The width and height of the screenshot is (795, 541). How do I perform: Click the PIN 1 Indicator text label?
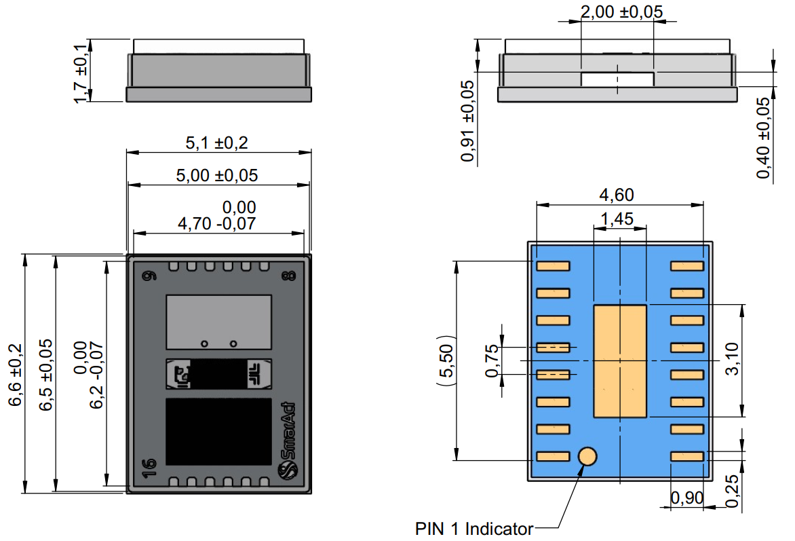[473, 529]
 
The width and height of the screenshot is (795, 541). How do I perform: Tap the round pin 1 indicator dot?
[587, 456]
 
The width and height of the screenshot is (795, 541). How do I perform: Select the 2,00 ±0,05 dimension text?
[621, 11]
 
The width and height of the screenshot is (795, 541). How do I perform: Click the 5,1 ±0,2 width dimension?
[216, 143]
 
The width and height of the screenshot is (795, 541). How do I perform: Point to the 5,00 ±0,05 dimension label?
[216, 175]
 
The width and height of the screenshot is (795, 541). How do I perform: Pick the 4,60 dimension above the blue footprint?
[617, 194]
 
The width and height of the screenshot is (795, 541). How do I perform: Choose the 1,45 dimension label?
[617, 219]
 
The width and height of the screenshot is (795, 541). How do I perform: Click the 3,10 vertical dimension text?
[732, 358]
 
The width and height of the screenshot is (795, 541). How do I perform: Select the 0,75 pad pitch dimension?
[492, 361]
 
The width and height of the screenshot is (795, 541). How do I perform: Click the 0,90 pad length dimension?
[687, 498]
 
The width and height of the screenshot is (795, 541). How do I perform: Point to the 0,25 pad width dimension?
[732, 491]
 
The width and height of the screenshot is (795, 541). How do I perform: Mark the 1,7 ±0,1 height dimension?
[81, 73]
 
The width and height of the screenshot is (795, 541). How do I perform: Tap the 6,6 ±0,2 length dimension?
[15, 375]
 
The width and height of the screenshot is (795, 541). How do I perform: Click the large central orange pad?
[619, 361]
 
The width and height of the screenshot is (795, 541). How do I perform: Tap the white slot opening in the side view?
[617, 79]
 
